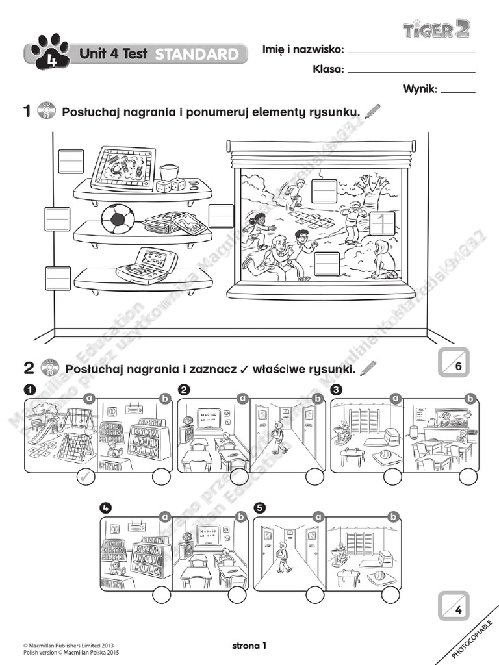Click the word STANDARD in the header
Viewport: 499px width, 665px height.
coord(197,55)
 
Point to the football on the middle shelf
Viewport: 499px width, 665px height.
coord(118,219)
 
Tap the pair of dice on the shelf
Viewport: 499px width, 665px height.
coord(170,185)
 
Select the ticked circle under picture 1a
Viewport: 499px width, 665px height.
coord(85,479)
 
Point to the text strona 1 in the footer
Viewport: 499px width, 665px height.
coord(249,646)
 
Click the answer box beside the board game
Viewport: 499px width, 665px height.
coord(71,161)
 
